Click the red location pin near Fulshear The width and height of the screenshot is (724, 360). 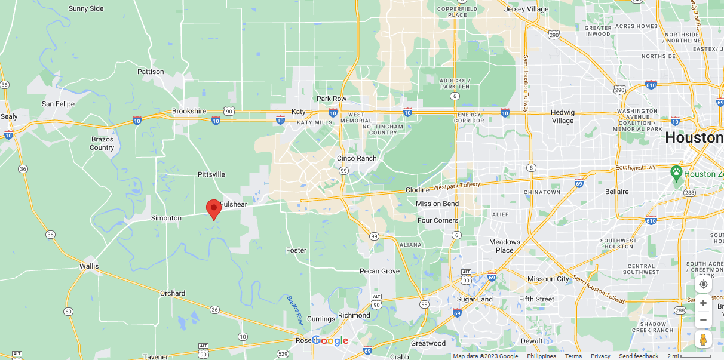click(x=213, y=209)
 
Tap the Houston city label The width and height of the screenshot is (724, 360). click(x=694, y=138)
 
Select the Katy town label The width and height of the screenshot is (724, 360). click(x=299, y=112)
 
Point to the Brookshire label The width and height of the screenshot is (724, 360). click(x=189, y=111)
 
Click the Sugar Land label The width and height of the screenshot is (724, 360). click(x=475, y=299)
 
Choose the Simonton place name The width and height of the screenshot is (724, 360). click(x=166, y=218)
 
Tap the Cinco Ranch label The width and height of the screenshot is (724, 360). click(x=357, y=158)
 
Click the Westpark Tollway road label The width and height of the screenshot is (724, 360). click(x=456, y=187)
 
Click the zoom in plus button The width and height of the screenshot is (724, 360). click(x=703, y=303)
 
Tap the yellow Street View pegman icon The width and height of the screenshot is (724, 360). click(x=703, y=340)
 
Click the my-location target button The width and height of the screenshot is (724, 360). click(x=703, y=284)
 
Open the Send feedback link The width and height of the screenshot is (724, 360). click(x=639, y=356)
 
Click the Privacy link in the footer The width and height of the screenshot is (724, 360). click(x=600, y=356)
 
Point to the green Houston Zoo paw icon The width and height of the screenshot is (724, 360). click(x=676, y=174)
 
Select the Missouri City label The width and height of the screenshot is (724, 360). click(x=548, y=279)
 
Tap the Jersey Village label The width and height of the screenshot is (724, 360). click(x=526, y=9)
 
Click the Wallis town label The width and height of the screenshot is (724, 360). click(x=90, y=266)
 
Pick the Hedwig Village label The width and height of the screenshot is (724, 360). click(x=562, y=116)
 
